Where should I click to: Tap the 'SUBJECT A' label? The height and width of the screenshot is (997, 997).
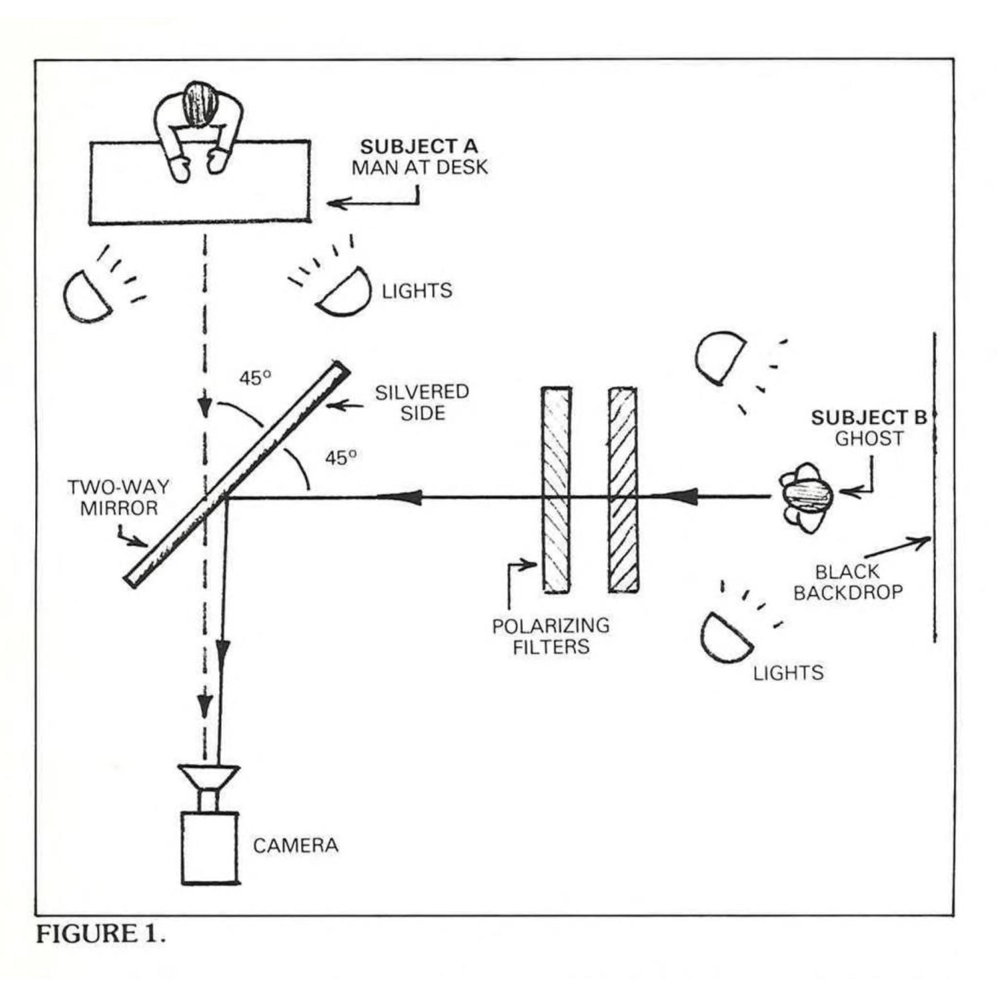coord(419,147)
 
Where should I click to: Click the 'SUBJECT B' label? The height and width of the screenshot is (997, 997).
coord(868,418)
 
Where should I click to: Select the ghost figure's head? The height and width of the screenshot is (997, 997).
coord(808,497)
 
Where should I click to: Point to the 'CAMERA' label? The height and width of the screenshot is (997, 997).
coord(295,845)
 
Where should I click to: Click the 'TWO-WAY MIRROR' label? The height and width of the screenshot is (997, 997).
coord(119,498)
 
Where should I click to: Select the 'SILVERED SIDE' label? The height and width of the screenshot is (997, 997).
coord(422,403)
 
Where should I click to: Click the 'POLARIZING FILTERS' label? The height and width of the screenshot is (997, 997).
coord(551,636)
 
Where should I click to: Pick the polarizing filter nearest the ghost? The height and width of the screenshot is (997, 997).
coord(623,489)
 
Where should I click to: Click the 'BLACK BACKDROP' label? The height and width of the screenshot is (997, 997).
coord(848,582)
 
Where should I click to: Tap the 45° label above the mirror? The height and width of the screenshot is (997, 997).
coord(256,378)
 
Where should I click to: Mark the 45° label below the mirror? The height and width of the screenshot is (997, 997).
coord(341,458)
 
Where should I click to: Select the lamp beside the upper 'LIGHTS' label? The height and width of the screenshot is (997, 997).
coord(344,291)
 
